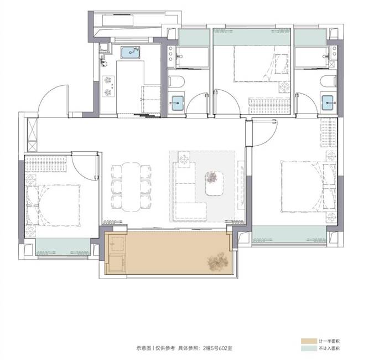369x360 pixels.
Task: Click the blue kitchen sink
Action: pyautogui.click(x=130, y=53)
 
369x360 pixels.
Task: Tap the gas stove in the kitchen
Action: pyautogui.click(x=108, y=86)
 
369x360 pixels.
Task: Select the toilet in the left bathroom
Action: pyautogui.click(x=176, y=81)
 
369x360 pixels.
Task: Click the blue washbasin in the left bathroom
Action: pyautogui.click(x=178, y=103)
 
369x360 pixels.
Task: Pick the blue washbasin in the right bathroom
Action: pyautogui.click(x=328, y=102)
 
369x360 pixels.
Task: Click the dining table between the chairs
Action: pyautogui.click(x=131, y=187)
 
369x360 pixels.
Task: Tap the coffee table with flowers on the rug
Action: pyautogui.click(x=214, y=183)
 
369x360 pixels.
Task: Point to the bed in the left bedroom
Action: pyautogui.click(x=53, y=205)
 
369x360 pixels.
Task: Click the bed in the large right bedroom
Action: pyautogui.click(x=309, y=187)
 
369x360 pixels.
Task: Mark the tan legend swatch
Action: pyautogui.click(x=309, y=341)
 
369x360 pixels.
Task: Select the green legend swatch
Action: pyautogui.click(x=309, y=348)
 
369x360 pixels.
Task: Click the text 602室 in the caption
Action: pyautogui.click(x=225, y=348)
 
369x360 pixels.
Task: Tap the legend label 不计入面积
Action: pyautogui.click(x=329, y=348)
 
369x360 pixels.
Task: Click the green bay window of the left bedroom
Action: pyautogui.click(x=63, y=246)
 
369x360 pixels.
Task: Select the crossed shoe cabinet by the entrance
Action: pyautogui.click(x=32, y=134)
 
